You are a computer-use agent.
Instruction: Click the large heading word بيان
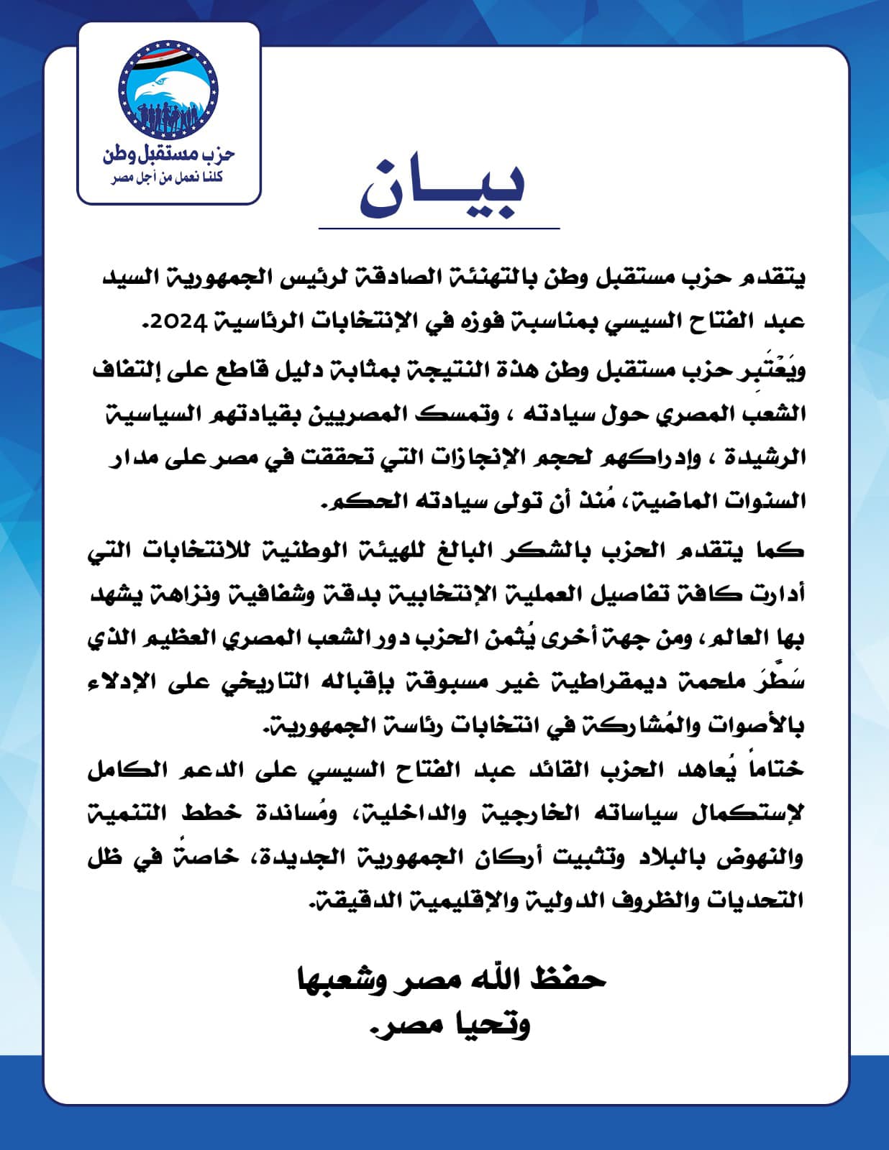coord(442,185)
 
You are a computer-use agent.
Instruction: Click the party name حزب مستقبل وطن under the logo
coord(169,153)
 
